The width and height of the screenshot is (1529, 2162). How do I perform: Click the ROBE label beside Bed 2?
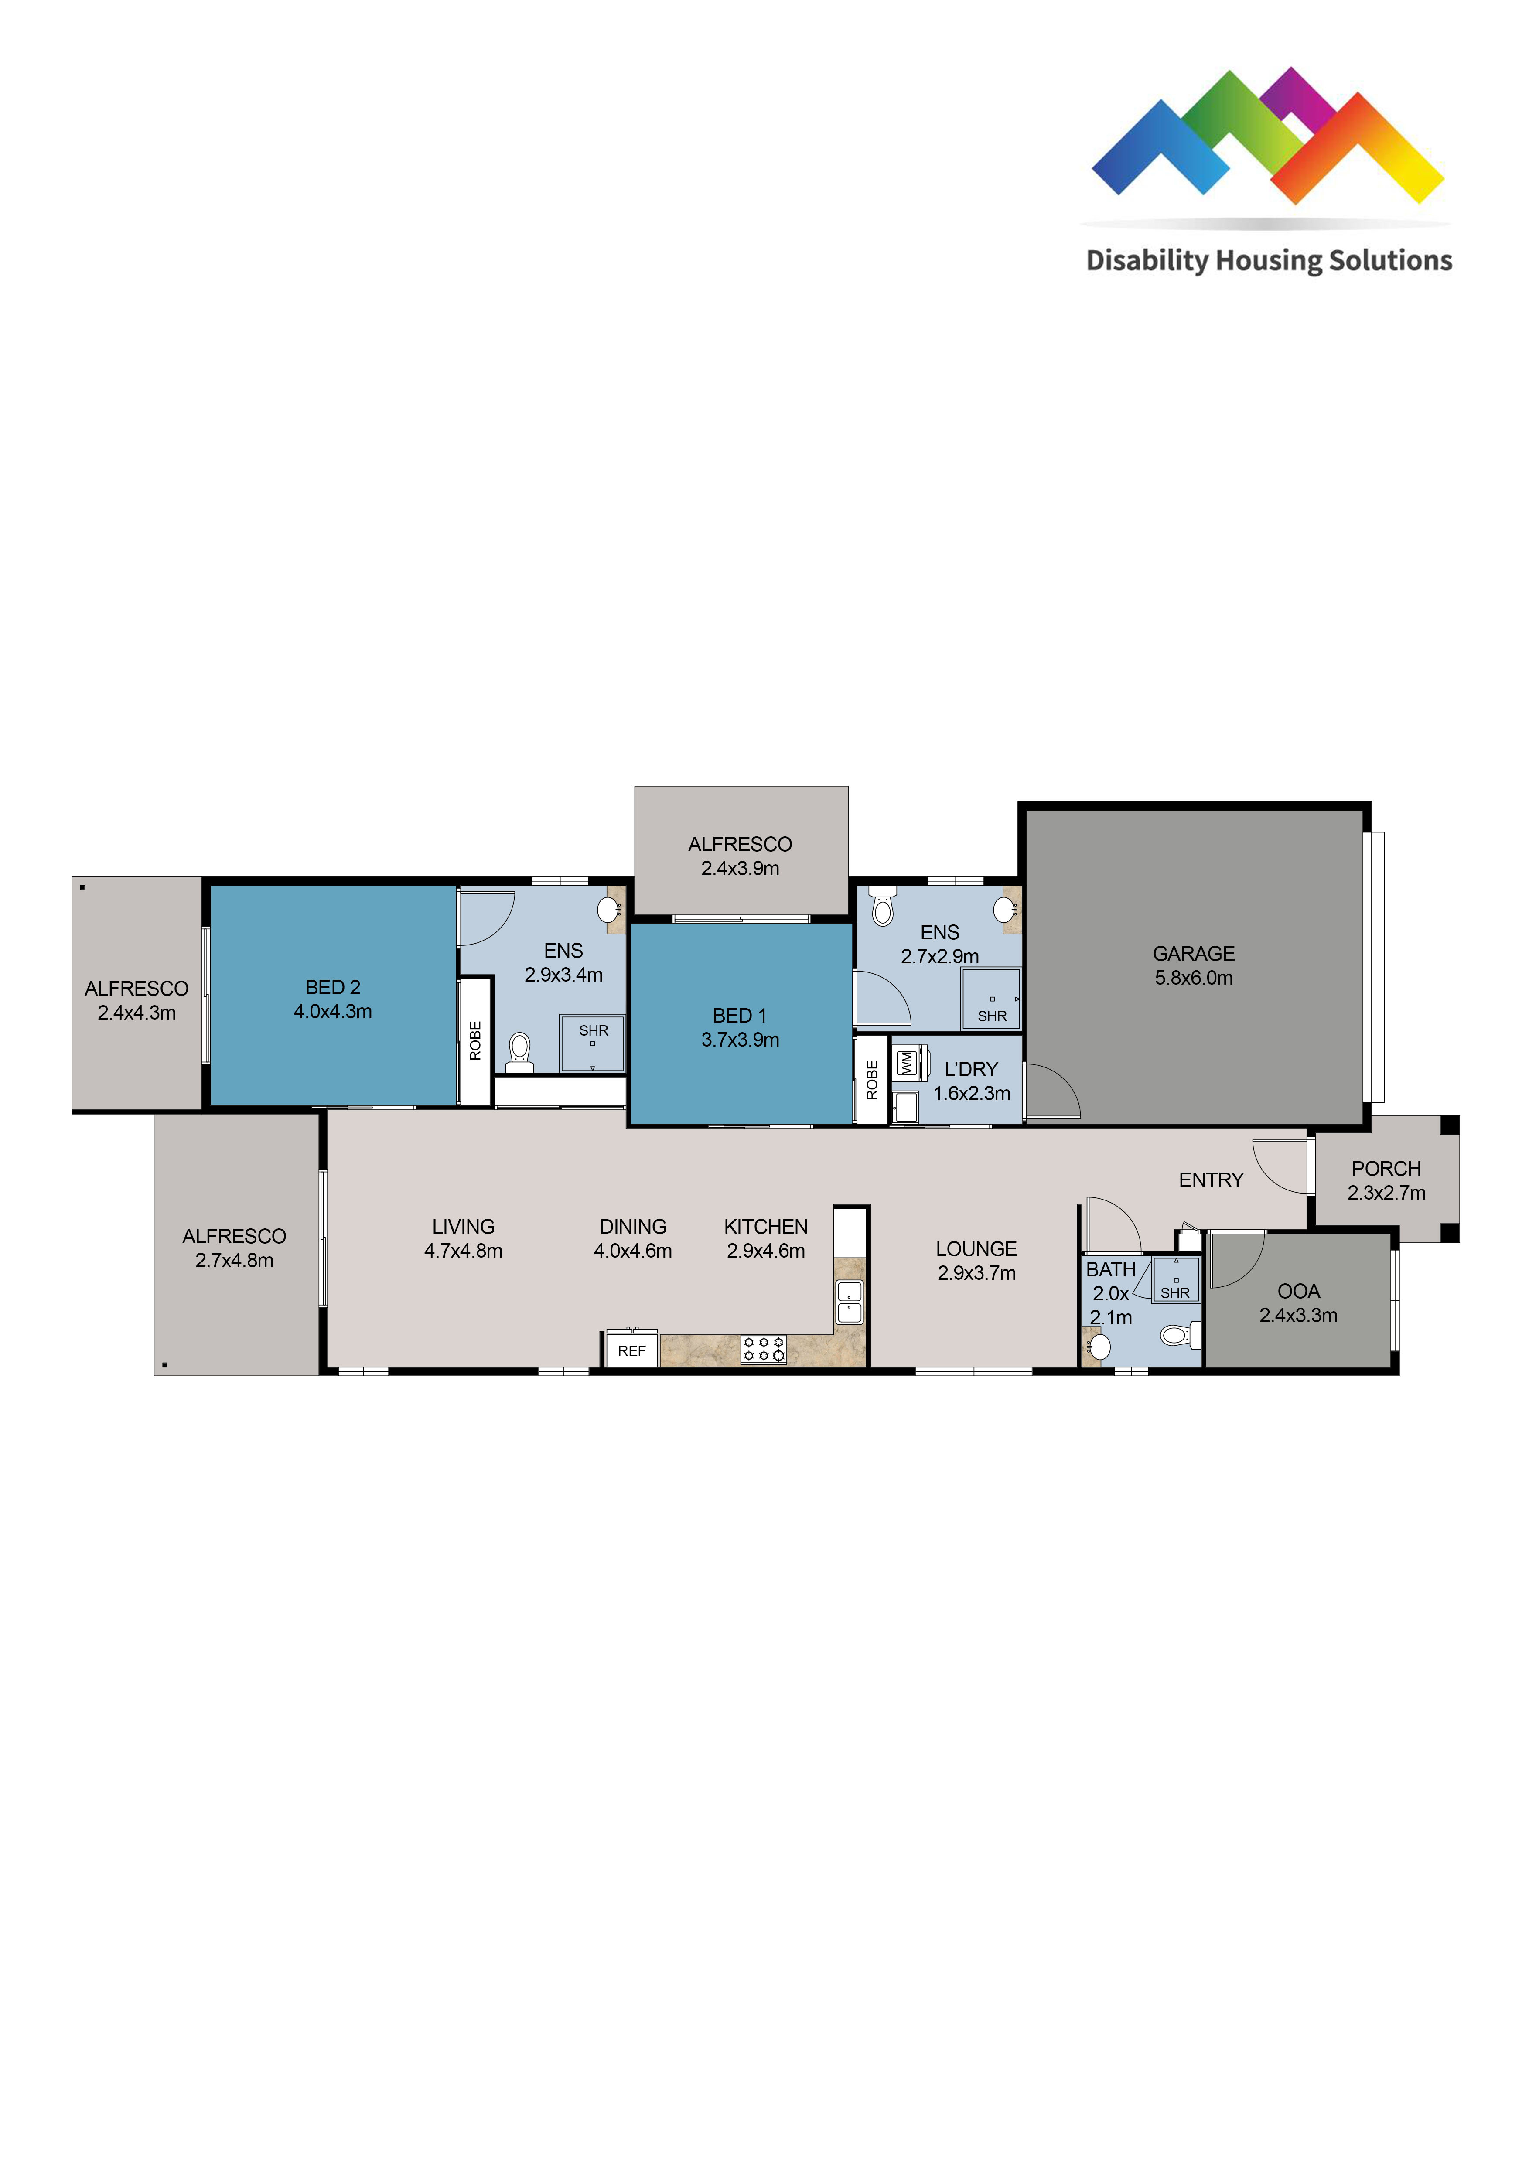coord(475,1040)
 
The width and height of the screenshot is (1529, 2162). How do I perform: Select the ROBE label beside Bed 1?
coord(872,1079)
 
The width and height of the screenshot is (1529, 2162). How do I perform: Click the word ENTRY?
coord(1211,1180)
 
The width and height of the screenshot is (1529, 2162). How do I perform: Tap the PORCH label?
coord(1386,1169)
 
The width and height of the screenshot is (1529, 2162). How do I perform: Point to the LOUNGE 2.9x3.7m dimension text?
coord(976,1273)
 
